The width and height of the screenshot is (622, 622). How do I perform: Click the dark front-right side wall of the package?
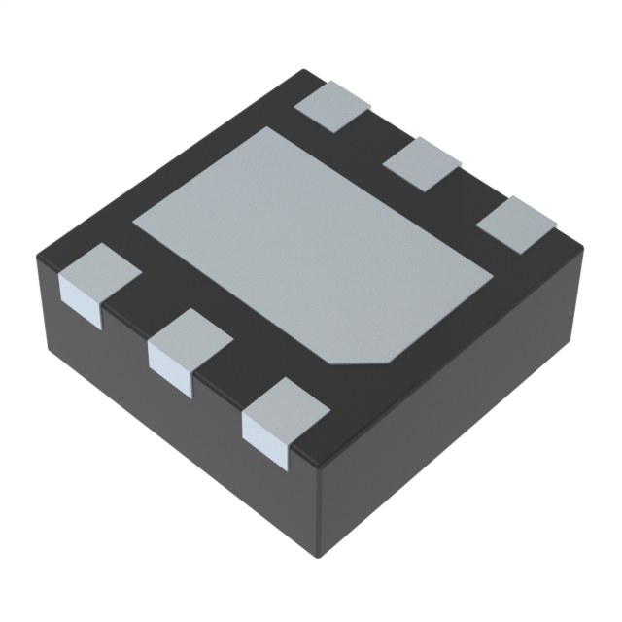pyautogui.click(x=457, y=418)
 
